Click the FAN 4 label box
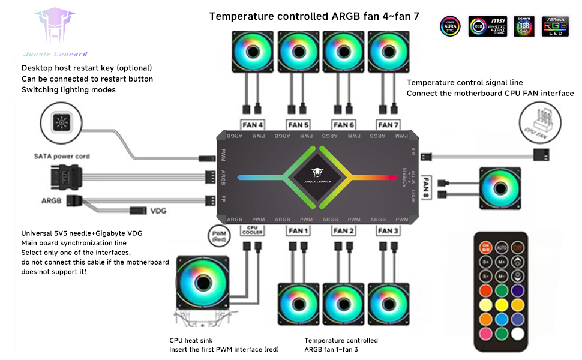(252, 125)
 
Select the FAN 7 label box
(387, 125)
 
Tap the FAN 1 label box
(298, 230)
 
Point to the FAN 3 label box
(388, 230)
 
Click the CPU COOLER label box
(252, 230)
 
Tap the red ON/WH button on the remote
(485, 247)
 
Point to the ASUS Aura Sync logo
(450, 26)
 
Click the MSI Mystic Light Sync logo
(487, 26)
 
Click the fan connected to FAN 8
(500, 187)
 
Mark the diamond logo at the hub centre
(317, 177)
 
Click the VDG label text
(158, 211)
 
